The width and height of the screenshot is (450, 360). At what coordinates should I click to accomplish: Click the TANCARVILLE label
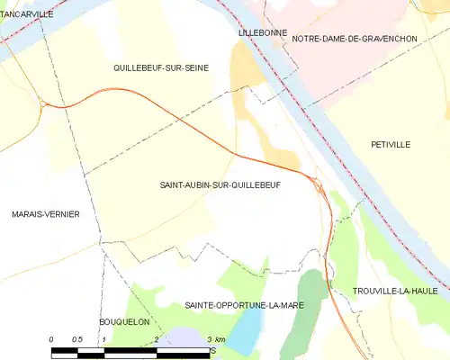click(27, 14)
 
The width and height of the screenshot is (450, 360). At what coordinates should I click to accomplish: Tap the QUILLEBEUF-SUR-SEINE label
click(161, 67)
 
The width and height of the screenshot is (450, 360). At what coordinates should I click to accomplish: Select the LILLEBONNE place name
click(263, 32)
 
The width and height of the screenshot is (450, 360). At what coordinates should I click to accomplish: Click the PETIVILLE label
click(391, 144)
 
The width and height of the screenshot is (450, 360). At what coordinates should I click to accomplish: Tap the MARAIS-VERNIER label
click(45, 213)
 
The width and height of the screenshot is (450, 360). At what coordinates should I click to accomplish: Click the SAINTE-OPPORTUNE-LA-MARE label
click(244, 305)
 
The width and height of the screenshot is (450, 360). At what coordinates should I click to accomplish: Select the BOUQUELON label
click(123, 321)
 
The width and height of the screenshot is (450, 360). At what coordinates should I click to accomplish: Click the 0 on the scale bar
click(52, 338)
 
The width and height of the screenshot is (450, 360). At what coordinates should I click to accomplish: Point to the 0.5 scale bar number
click(77, 338)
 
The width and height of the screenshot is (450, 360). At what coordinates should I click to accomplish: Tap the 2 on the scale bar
click(157, 338)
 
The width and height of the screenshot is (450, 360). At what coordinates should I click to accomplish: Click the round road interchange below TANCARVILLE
click(42, 103)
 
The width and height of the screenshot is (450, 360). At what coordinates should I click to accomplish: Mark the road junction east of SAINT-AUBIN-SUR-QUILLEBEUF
click(318, 184)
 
